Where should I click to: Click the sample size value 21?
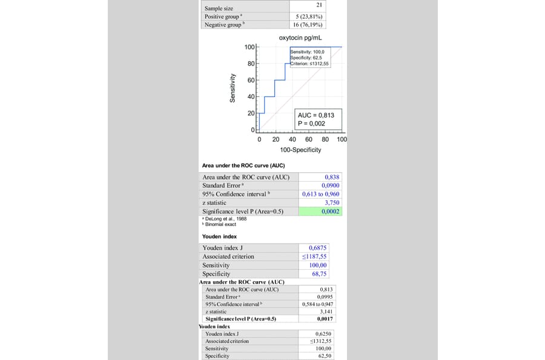coord(319,5)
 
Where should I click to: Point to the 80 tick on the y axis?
coord(250,64)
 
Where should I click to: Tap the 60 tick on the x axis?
coord(309,139)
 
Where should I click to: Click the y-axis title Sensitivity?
coord(233,88)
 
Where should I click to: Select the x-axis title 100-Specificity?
coord(300,150)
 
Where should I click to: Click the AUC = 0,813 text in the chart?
coord(315,115)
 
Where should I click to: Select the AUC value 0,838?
coord(332,178)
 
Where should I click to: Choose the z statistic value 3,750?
coord(332,203)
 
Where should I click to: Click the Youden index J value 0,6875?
coord(318,248)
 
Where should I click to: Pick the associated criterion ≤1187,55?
coord(314,256)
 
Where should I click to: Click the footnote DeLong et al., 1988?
coord(226,219)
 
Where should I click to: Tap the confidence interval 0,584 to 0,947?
coord(317,304)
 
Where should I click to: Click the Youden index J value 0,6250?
coord(324,334)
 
